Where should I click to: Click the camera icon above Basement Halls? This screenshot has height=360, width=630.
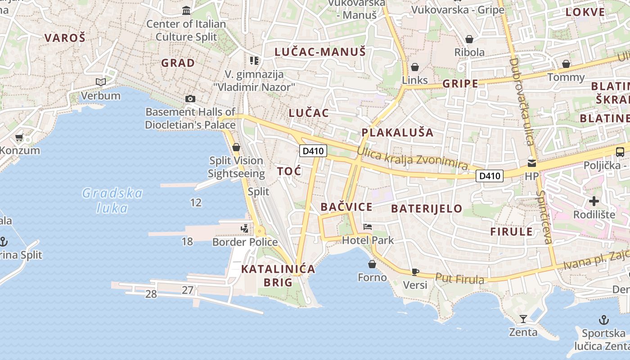coord(190,99)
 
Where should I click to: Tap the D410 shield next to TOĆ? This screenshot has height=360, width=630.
coord(313,151)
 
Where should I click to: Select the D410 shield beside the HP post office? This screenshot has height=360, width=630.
coord(490,175)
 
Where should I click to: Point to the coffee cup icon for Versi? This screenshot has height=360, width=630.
coord(415,272)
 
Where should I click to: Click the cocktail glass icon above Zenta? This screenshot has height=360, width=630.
coord(523,319)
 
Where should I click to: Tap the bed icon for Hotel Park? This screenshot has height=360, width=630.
coord(368,227)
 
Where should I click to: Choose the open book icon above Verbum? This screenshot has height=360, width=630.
coord(101,82)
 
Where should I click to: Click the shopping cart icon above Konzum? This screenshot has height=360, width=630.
coord(19,137)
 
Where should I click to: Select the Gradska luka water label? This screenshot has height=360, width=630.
coord(112,201)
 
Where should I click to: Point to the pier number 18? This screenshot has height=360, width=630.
coord(187,242)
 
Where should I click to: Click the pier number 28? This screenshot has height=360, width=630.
coord(151,294)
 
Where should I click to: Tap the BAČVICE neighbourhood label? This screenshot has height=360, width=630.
coord(346,207)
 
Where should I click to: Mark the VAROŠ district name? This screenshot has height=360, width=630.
coord(65,38)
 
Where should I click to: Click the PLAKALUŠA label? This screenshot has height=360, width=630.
coord(398,132)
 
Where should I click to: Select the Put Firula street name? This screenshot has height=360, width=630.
coord(459,279)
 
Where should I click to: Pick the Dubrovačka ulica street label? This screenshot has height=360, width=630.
coord(522,101)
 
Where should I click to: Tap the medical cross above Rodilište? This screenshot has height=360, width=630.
coord(594,201)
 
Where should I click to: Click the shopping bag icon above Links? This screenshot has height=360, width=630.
coord(414,67)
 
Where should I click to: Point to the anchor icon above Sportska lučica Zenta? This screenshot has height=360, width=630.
coord(603,320)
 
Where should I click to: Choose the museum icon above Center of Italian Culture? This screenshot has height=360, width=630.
coord(186,10)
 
